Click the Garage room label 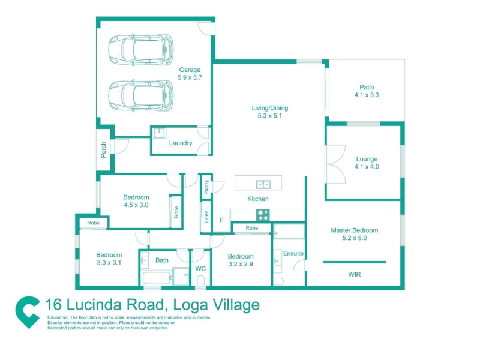pos(190,70)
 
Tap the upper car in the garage pos(141,50)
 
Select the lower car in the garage pos(141,95)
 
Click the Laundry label pos(181,143)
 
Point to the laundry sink pos(160,133)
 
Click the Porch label pos(103,149)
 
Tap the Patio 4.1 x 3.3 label pos(367,91)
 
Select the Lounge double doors pos(336,164)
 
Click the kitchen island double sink pos(263,185)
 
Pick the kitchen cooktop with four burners pos(263,215)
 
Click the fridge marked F pos(222,220)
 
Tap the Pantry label pos(206,187)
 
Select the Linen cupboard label pos(206,217)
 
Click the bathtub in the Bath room pos(157,278)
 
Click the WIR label pos(355,275)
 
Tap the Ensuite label pos(293,253)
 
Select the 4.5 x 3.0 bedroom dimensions pos(136,205)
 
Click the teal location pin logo pos(28,312)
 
